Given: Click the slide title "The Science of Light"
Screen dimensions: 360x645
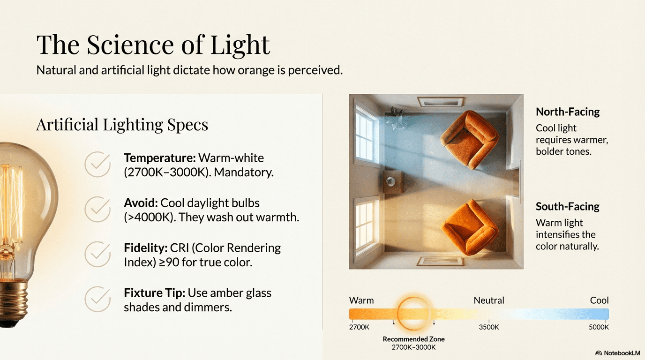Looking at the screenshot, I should tap(153, 45).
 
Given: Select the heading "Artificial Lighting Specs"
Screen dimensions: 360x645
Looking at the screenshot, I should tap(122, 125).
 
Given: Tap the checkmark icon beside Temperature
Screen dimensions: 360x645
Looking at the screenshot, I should tap(97, 165).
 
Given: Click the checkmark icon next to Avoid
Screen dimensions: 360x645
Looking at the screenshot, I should tap(97, 209).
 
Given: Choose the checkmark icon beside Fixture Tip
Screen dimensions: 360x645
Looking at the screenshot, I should tap(97, 299).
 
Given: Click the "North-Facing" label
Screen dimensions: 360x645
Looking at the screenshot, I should tap(568, 112).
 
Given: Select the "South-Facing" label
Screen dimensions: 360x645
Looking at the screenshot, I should tap(568, 207).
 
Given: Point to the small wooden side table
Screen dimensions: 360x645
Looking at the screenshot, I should tap(392, 181).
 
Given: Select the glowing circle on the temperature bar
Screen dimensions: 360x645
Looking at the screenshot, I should tap(413, 314).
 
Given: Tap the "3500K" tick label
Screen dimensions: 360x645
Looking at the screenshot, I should tap(488, 327).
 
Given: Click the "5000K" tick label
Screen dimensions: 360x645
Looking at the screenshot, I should tap(599, 327).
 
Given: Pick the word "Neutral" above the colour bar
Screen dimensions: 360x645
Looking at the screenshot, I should tap(489, 300).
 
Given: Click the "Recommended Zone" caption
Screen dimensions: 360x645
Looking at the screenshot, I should tap(413, 339).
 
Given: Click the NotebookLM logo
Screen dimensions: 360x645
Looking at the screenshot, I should tap(617, 352).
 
